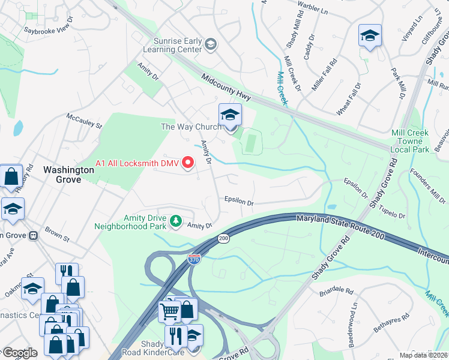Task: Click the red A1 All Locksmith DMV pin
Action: tap(188, 163)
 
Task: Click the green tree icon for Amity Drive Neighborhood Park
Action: tap(175, 221)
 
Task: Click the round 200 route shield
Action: tap(224, 238)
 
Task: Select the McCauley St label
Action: tap(84, 121)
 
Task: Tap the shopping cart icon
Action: tap(170, 311)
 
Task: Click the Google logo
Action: tap(20, 353)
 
